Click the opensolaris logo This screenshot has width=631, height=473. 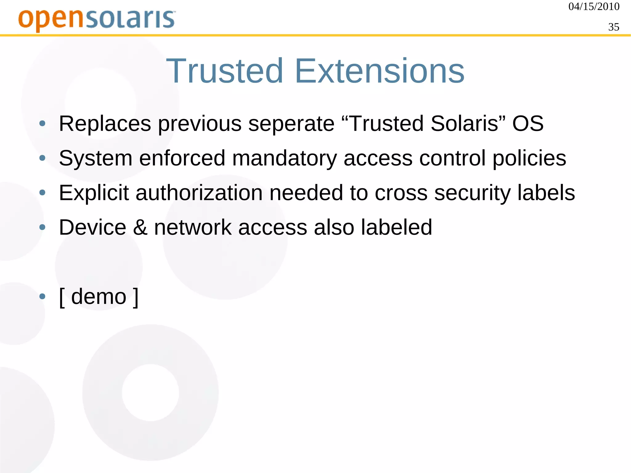point(97,19)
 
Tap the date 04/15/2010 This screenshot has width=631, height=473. point(594,6)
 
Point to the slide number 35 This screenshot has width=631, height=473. point(613,27)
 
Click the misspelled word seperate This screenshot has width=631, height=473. point(291,124)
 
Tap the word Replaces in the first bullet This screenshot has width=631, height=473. point(105,124)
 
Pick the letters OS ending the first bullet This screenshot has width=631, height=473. point(528,124)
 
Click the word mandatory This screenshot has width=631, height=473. point(284,158)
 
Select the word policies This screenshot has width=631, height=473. point(529,158)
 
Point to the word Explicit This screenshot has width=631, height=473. point(94,193)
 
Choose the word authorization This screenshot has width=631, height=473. point(199,193)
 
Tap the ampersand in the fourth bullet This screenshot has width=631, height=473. point(140,227)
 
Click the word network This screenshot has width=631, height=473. point(193,227)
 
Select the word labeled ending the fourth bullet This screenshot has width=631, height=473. point(397,227)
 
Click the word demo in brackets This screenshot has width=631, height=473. point(99,297)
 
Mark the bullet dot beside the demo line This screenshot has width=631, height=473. point(43,297)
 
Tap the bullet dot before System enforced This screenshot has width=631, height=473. point(43,158)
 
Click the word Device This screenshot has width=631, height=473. point(92,227)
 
